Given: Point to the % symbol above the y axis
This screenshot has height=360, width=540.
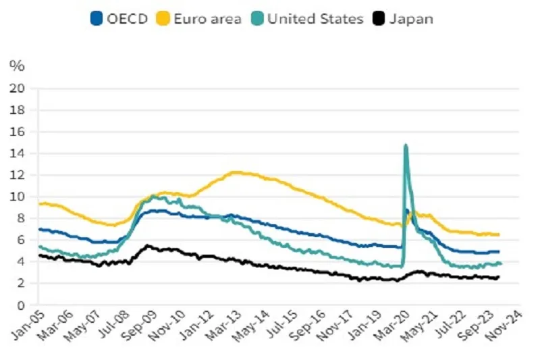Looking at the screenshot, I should coord(17,66).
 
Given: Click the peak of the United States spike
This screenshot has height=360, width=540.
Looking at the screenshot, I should coord(405,145).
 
